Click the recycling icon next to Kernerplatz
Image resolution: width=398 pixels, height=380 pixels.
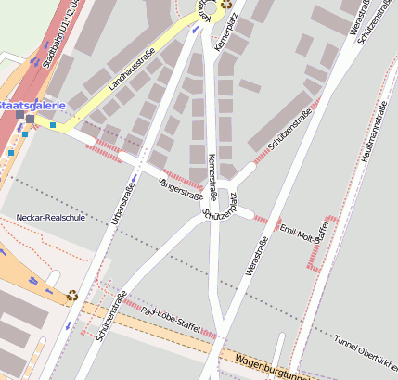[x=225, y=5]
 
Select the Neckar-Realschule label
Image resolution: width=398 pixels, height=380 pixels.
[x=50, y=218]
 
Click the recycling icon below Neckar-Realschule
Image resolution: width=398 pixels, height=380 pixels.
[x=72, y=297]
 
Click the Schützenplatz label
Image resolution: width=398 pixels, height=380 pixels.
[x=220, y=209]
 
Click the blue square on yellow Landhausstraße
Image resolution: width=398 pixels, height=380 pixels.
[x=53, y=124]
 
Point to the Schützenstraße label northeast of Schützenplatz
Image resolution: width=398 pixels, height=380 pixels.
[x=289, y=134]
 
